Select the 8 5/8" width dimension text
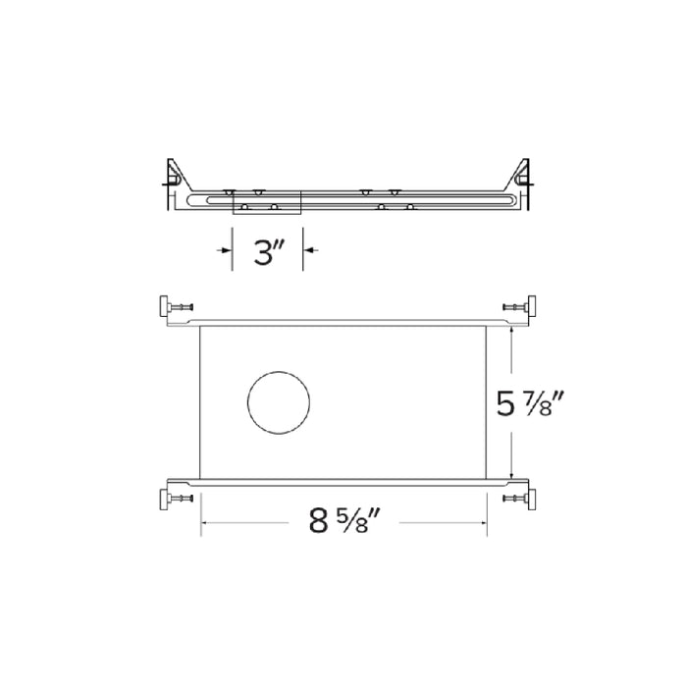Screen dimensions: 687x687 (x=343, y=521)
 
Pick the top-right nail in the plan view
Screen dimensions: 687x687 (x=520, y=308)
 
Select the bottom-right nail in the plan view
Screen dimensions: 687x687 (x=520, y=500)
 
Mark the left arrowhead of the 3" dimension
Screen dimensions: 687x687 (x=227, y=252)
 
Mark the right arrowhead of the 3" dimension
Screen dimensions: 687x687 (x=307, y=252)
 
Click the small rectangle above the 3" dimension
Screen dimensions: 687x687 (x=266, y=200)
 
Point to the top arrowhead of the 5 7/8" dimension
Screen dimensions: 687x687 (x=511, y=333)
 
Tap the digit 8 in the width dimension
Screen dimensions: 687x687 (x=318, y=521)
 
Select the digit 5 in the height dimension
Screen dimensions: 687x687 (x=506, y=403)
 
